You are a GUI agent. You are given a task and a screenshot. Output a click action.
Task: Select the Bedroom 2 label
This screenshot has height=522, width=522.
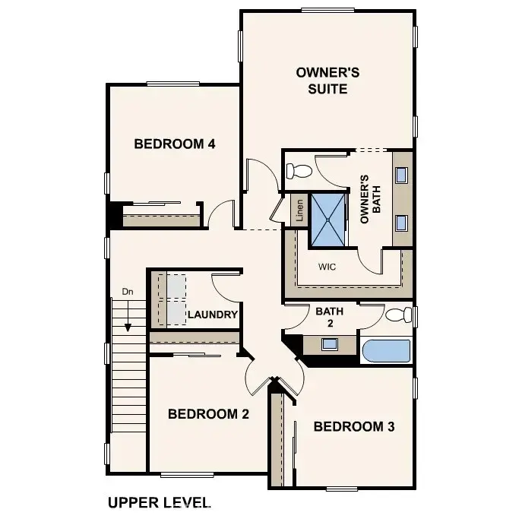(x=208, y=414)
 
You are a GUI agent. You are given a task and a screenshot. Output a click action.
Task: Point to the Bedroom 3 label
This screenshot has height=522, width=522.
(x=354, y=426)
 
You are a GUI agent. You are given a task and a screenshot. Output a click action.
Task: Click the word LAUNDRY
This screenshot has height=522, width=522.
(x=213, y=315)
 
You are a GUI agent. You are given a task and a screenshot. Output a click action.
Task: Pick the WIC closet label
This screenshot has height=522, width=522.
(x=327, y=267)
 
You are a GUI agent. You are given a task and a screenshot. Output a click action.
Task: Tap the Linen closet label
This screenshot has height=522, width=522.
(x=299, y=210)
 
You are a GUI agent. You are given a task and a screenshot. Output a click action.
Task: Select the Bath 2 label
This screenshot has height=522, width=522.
(x=330, y=318)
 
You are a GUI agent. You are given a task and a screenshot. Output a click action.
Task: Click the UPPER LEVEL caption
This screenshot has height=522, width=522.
(x=158, y=502)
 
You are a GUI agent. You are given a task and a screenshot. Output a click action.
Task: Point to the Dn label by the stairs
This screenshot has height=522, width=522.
(x=128, y=291)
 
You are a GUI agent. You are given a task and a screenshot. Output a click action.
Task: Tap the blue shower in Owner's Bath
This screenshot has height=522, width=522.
(x=327, y=220)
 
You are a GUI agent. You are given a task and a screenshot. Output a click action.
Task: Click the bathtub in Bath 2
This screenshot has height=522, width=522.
(x=386, y=352)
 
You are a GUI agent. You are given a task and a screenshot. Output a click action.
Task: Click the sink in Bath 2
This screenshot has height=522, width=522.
(x=330, y=343)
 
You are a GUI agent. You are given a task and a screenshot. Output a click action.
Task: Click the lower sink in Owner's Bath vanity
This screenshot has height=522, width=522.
(x=402, y=223)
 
